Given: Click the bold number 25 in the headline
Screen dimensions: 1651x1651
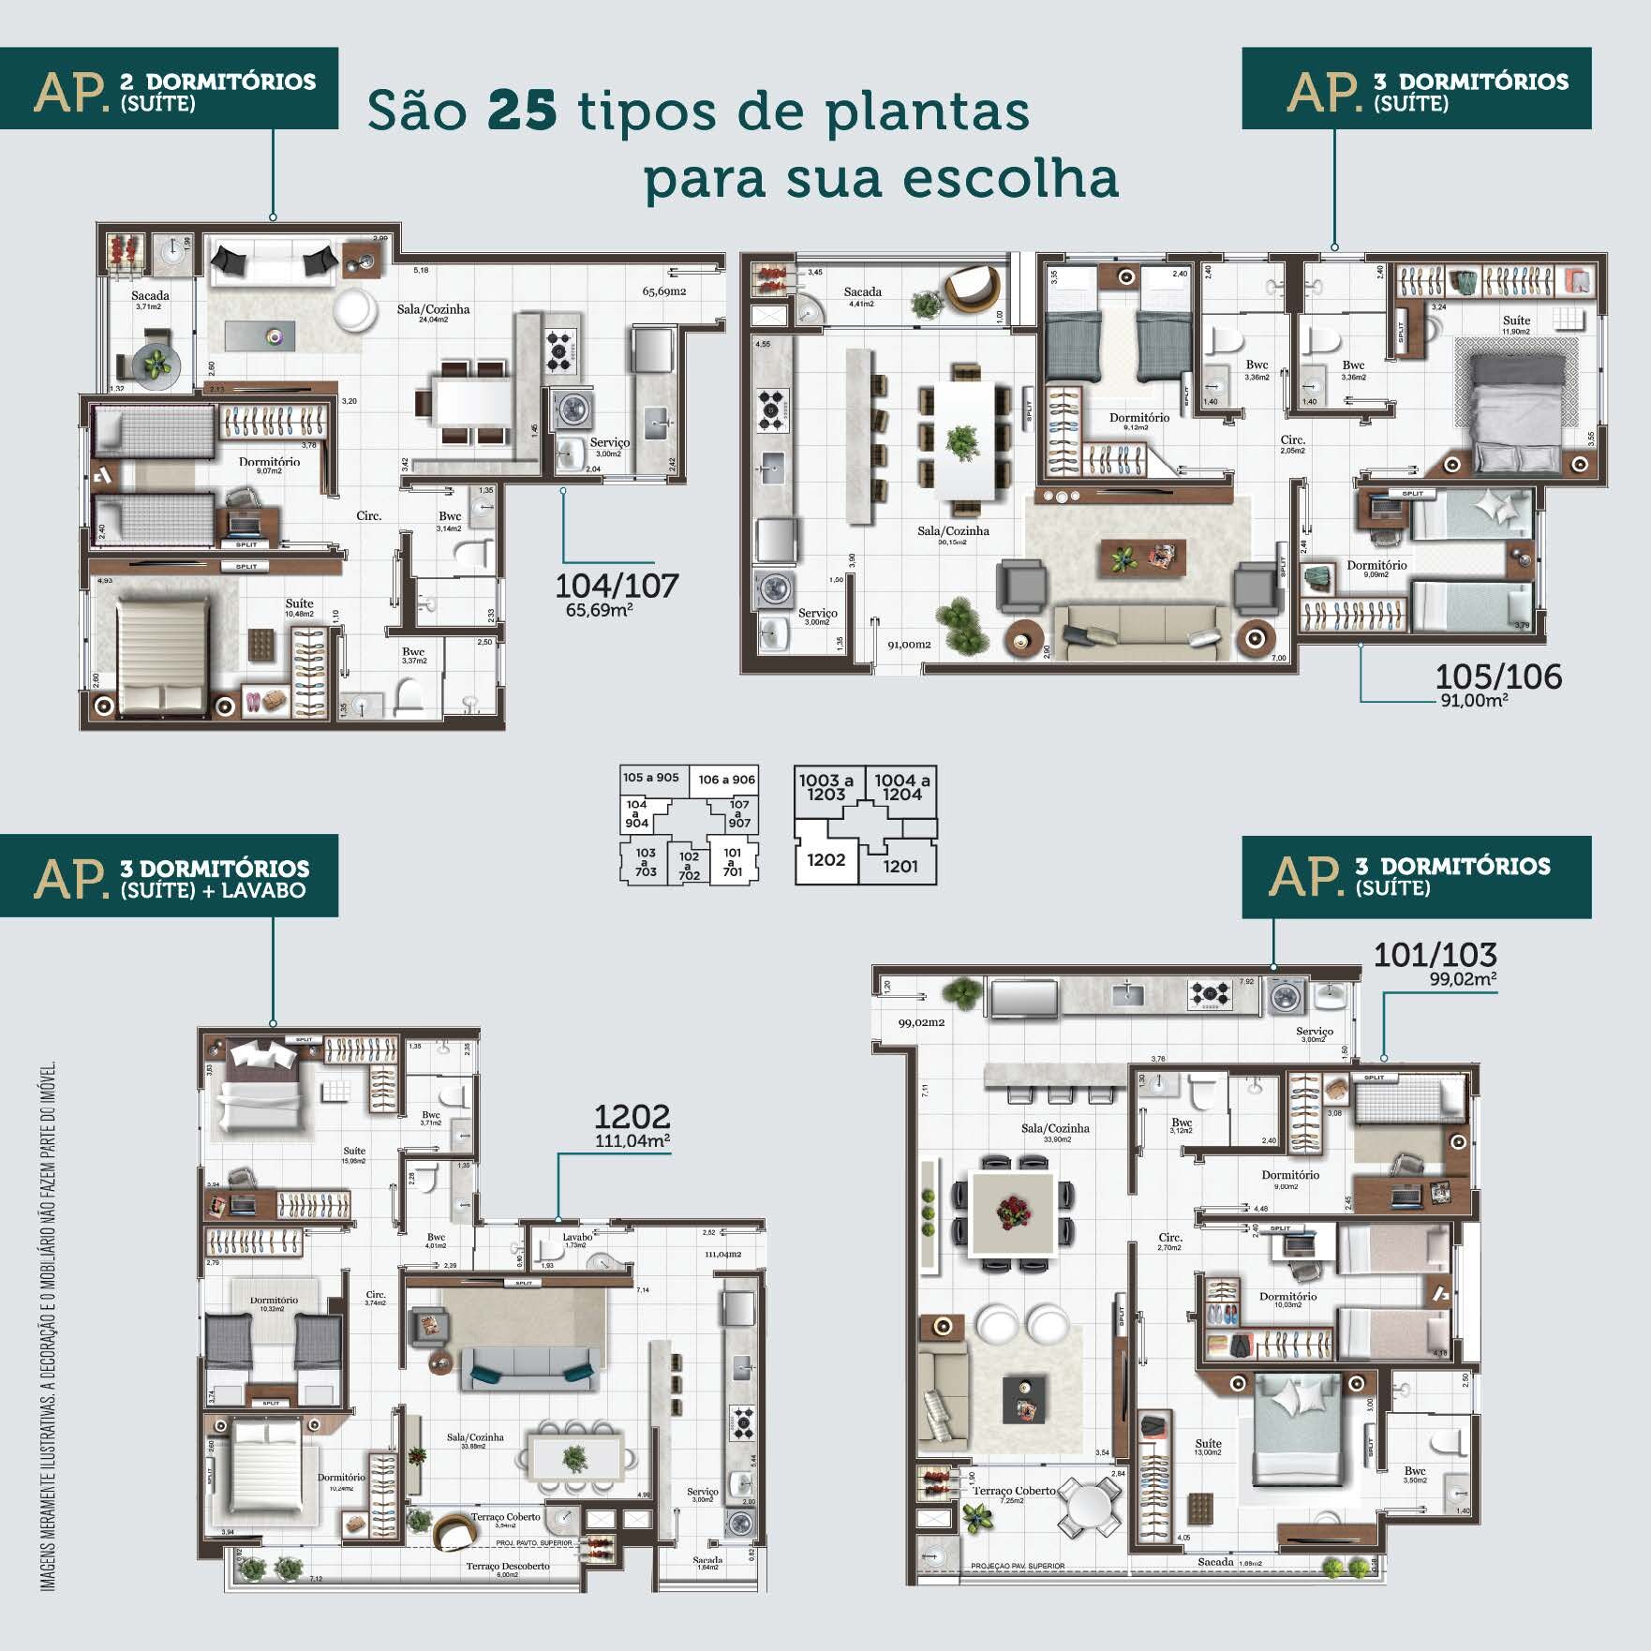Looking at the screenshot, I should pyautogui.click(x=522, y=111).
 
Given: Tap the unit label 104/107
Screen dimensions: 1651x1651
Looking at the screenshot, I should pyautogui.click(x=617, y=586).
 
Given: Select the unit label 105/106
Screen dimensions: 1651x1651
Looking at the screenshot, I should pyautogui.click(x=1498, y=677).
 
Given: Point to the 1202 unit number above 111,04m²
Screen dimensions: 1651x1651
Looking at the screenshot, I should pyautogui.click(x=632, y=1117).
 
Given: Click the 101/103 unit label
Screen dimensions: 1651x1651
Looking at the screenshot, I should pyautogui.click(x=1435, y=955).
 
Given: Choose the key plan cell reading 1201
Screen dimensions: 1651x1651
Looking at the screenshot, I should pyautogui.click(x=900, y=867).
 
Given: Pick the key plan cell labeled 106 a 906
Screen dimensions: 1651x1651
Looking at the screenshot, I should pyautogui.click(x=726, y=780).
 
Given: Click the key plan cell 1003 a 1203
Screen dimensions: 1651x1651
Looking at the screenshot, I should pyautogui.click(x=825, y=787).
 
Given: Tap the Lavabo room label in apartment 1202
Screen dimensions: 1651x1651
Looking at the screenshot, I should pyautogui.click(x=577, y=1237).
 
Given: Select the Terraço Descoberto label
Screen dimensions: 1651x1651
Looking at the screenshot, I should pyautogui.click(x=508, y=1566).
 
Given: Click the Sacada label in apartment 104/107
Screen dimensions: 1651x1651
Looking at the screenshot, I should pyautogui.click(x=150, y=296).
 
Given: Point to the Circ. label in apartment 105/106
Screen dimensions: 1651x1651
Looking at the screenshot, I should pyautogui.click(x=1293, y=439).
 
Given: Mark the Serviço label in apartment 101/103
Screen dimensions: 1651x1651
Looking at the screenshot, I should pyautogui.click(x=1314, y=1032).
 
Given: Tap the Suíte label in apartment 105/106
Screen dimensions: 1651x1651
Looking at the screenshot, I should pyautogui.click(x=1515, y=320).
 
